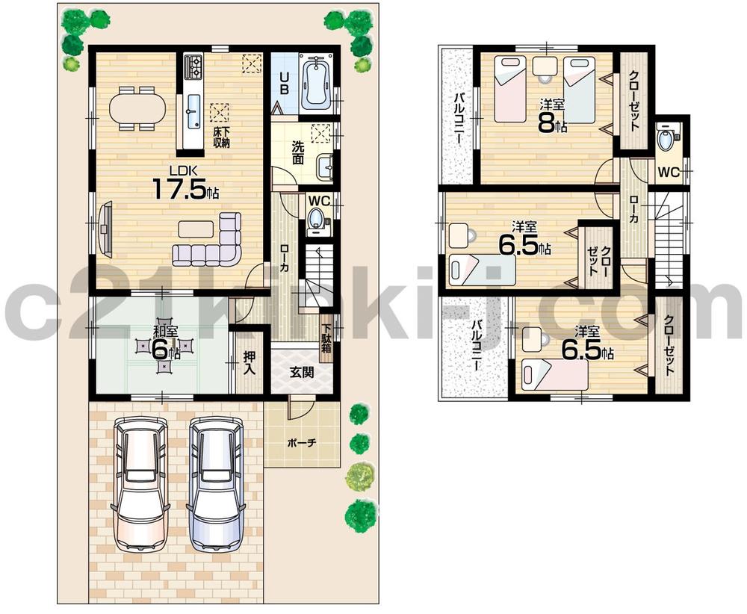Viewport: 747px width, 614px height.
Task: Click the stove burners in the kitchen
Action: (194, 68)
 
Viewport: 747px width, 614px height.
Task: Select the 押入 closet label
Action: (249, 365)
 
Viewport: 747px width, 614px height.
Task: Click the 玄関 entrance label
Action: (302, 371)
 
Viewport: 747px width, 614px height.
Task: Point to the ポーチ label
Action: (302, 443)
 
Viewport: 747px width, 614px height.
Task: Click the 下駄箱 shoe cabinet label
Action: (327, 337)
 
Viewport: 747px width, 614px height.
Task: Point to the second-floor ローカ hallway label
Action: (633, 209)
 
